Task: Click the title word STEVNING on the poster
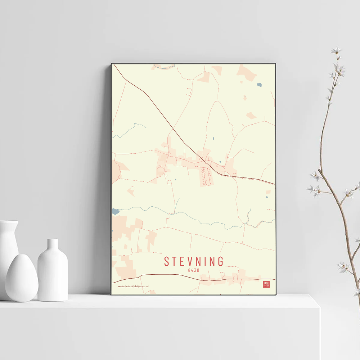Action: coord(194,261)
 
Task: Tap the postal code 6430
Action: coord(194,270)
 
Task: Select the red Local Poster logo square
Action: coord(266,284)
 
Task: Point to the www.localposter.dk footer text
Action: coord(133,286)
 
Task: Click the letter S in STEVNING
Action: coord(167,261)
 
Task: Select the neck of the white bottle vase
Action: coord(53,245)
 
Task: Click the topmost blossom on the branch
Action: coord(336,50)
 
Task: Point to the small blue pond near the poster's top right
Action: coord(259,85)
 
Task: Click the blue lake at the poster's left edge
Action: coord(115,211)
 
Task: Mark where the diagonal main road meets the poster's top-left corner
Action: coord(114,66)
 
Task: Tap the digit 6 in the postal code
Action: coord(189,270)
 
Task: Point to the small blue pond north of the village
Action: coord(213,138)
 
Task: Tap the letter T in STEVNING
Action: coord(175,261)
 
